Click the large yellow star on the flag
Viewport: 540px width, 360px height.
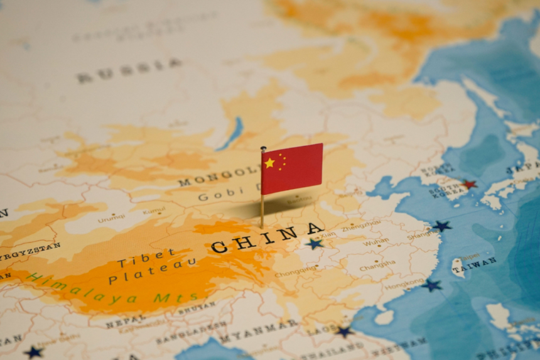tap(269, 163)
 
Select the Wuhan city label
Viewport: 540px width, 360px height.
tap(375, 242)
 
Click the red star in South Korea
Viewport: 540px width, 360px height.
tap(468, 184)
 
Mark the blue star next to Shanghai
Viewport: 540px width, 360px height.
tap(442, 226)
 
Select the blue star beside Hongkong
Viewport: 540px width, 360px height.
tap(431, 285)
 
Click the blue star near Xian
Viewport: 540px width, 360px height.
tap(315, 244)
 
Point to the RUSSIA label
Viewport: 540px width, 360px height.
tap(129, 70)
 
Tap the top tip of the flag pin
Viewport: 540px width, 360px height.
tap(263, 148)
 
